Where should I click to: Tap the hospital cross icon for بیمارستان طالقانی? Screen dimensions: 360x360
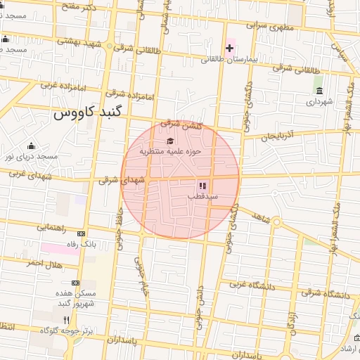pos(230,48)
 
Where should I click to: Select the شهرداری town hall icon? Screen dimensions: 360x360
pos(319,91)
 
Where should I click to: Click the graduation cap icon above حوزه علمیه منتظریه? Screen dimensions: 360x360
pos(170,141)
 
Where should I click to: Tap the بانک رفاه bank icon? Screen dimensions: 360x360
pos(82,233)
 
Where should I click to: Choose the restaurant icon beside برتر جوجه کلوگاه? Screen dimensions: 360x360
pos(66,319)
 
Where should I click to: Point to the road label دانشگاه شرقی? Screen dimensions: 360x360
pos(328,294)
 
